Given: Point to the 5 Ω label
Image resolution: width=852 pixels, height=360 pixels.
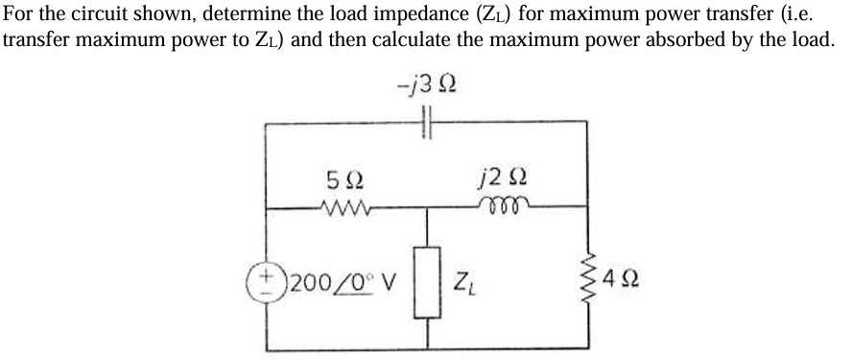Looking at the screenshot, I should [343, 178].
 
